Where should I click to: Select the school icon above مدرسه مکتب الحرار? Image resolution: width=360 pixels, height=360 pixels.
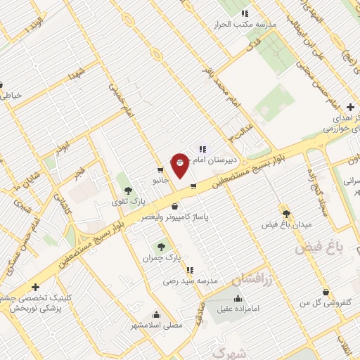point(245,13)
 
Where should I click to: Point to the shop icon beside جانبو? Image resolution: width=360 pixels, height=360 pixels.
point(161,169)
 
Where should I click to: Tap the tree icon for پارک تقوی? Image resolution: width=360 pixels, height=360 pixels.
point(127,190)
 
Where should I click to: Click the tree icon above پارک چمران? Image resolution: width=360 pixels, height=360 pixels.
point(162,247)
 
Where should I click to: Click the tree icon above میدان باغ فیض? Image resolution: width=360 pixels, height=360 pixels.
point(285,213)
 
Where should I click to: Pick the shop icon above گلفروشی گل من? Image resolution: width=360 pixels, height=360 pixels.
point(326,292)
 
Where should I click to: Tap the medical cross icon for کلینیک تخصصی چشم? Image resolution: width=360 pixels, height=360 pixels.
point(35,288)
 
